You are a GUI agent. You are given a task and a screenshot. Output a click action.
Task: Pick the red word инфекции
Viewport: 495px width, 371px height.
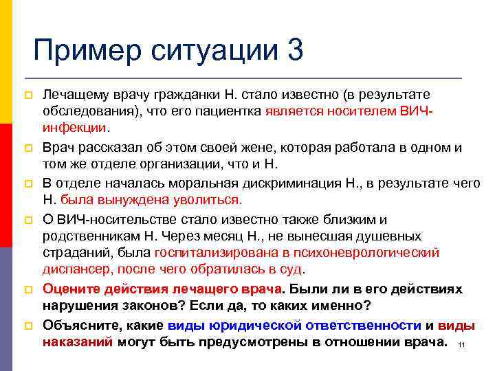(x=74, y=128)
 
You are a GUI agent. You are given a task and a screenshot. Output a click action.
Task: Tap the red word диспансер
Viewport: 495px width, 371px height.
(x=75, y=271)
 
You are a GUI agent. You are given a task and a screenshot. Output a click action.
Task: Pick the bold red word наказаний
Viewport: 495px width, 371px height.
(x=78, y=342)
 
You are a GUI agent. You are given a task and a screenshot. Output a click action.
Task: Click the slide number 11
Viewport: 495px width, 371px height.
(x=461, y=345)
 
